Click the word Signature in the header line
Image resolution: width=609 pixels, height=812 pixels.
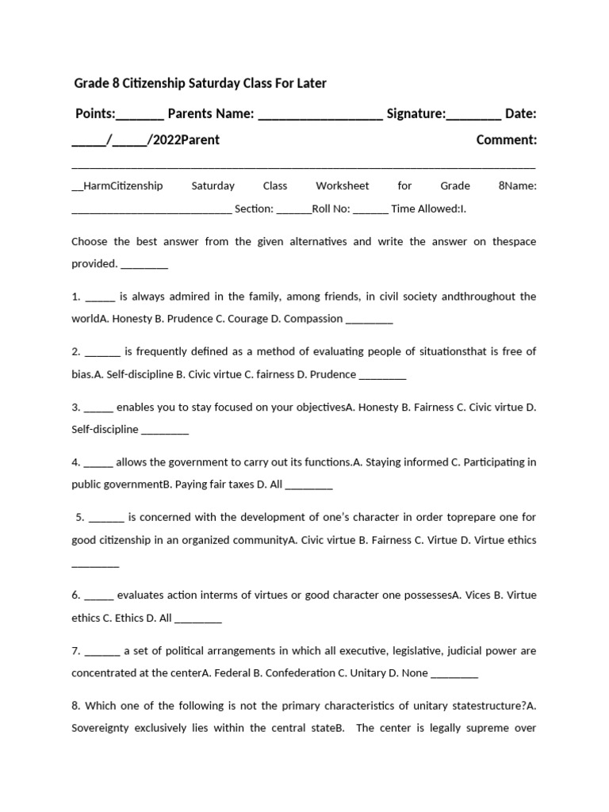[x=416, y=114]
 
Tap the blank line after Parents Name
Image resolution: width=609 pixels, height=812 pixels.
[x=320, y=117]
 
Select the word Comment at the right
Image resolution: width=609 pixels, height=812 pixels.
[x=506, y=140]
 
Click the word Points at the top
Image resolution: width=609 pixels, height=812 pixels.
[x=95, y=114]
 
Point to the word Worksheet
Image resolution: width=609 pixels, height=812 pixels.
[x=343, y=186]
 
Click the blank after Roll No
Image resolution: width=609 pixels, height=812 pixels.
[x=370, y=210]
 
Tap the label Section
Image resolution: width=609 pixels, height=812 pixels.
[x=254, y=209]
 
